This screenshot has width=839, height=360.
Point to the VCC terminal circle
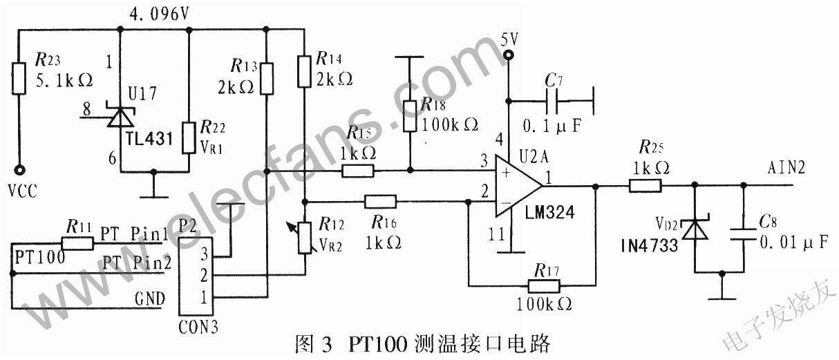coord(19,169)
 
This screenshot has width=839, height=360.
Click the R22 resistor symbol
coord(189,138)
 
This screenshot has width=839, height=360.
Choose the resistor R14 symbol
coord(303,71)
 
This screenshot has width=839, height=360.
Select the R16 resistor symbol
coord(379,202)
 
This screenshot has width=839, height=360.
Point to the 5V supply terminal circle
coord(509,55)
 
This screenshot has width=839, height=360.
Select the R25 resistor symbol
coord(645,185)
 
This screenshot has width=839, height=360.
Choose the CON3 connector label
coord(198,327)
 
